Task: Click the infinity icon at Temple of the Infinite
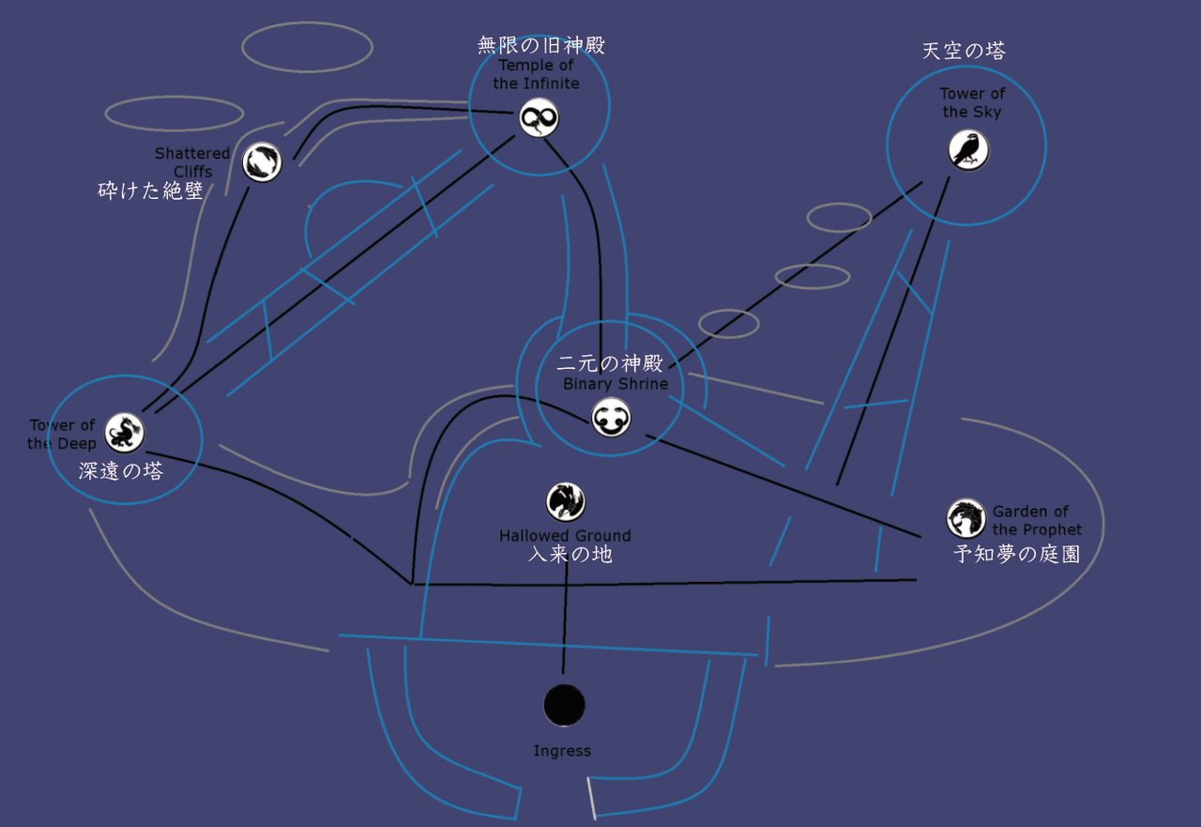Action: [539, 117]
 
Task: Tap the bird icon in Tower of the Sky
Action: [968, 150]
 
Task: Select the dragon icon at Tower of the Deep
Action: [125, 433]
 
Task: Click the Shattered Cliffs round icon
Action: [262, 162]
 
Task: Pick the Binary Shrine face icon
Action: [611, 418]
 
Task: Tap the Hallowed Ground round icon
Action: [565, 502]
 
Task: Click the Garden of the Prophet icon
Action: [965, 518]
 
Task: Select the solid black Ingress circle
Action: [564, 705]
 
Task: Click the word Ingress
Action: [562, 751]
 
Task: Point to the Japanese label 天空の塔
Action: [964, 51]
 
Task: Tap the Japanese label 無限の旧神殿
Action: [541, 45]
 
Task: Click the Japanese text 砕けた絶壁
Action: [150, 191]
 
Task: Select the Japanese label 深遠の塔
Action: [121, 471]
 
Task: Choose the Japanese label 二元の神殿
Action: [610, 363]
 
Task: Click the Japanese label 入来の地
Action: [570, 554]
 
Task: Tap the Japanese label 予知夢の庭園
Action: [1016, 554]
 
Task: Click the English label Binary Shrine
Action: [616, 384]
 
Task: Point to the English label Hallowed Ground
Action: [565, 536]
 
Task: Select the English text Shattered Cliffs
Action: [192, 162]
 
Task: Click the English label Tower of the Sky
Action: [972, 102]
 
